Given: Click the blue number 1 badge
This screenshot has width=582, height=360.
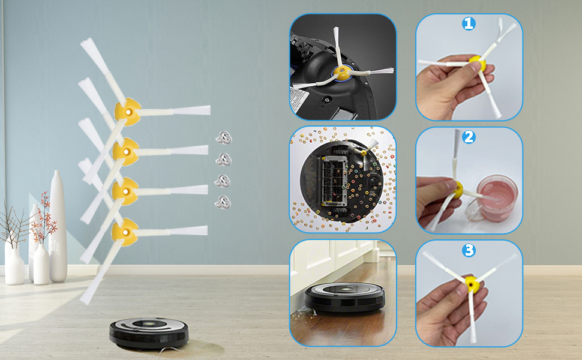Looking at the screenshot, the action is tap(469, 24).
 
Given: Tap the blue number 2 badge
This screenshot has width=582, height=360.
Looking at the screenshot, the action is tap(469, 137).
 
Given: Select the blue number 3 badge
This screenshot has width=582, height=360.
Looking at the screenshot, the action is tap(469, 250).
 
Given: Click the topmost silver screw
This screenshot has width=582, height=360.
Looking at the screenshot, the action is tap(224, 137).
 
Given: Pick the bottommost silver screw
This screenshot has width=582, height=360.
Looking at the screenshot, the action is tap(223, 203).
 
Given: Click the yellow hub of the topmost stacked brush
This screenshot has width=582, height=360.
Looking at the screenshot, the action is tap(127, 112).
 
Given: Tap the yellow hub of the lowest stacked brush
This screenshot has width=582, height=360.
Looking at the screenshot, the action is tap(125, 232).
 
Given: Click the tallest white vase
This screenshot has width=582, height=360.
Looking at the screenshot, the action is tap(58, 226).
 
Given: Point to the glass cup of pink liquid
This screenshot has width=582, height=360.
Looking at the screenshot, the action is tap(493, 199).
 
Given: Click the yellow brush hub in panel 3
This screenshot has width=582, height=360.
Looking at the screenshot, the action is tap(473, 284).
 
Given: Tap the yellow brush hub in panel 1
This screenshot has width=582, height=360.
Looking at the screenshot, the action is tap(478, 63).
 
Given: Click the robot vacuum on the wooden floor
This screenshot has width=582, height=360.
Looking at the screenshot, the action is tap(345, 296).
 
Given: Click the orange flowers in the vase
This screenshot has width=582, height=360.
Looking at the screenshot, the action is tap(44, 220).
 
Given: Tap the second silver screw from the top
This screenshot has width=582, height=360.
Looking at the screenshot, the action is tap(223, 160).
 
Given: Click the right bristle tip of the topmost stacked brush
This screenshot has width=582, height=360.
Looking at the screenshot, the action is tap(209, 110).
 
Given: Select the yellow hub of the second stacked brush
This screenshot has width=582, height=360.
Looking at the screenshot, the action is tap(126, 152).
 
